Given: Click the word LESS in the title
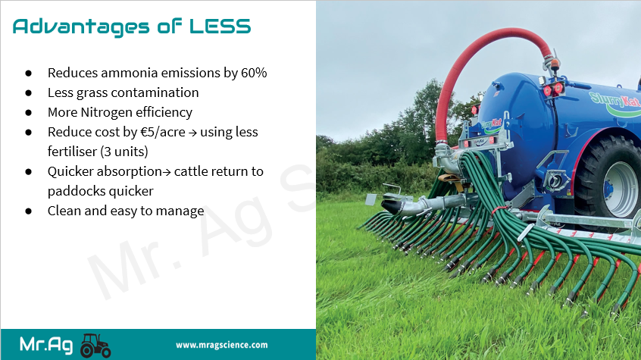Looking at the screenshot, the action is [220, 27].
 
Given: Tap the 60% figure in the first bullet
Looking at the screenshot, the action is [254, 73].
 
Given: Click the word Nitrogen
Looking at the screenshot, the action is [107, 112].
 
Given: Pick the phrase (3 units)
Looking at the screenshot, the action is [124, 152].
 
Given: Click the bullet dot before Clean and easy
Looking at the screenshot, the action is [28, 211].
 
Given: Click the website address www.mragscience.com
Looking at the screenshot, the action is [221, 345].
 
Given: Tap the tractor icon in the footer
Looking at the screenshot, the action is [95, 346].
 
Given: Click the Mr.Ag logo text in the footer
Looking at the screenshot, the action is [46, 345].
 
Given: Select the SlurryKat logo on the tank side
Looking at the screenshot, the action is [614, 103].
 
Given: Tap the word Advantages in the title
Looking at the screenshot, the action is [81, 27].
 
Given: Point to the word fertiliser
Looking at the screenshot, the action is [72, 152].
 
